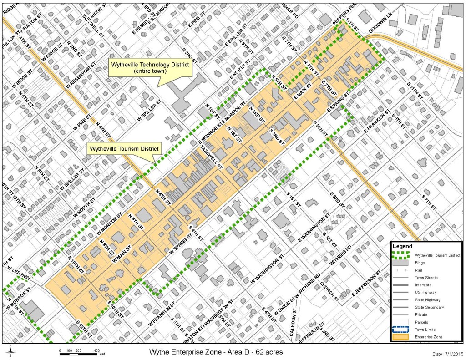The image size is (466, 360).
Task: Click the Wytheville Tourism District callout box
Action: coord(124,149)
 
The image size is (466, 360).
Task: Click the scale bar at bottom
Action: coord(80,351)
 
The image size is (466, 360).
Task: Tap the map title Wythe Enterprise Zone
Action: coord(216,352)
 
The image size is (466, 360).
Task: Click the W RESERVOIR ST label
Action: coord(82,76)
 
